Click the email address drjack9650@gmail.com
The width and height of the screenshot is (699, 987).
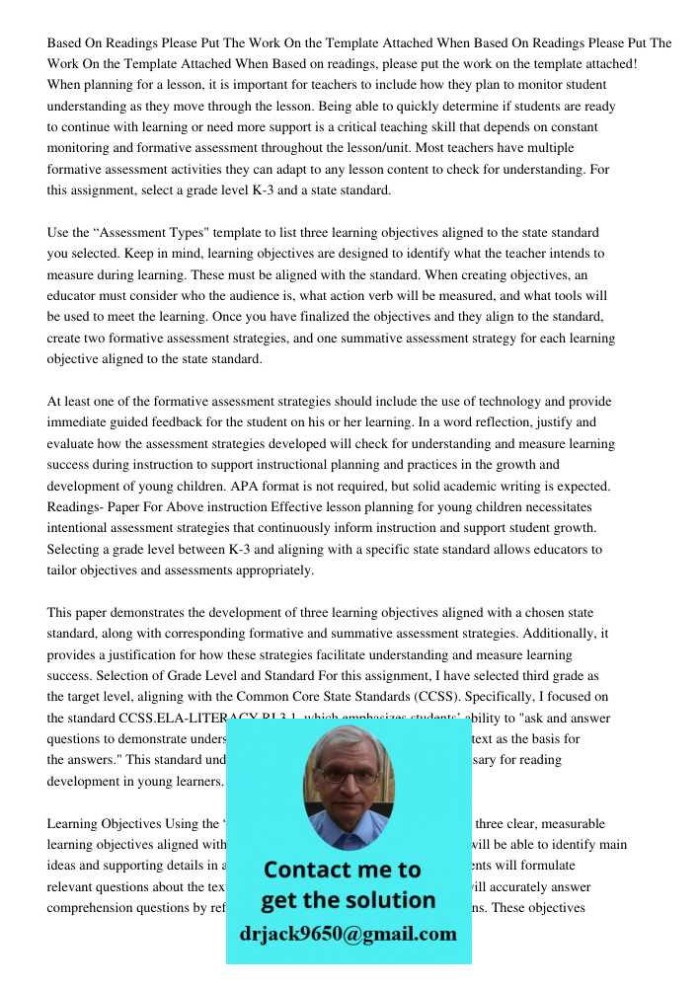(348, 934)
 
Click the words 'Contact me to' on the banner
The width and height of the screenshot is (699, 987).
(342, 870)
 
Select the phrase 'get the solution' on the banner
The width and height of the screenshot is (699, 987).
(348, 900)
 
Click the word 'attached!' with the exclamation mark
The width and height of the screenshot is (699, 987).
(611, 64)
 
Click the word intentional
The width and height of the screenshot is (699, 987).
(77, 529)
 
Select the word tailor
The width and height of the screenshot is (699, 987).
(63, 570)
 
